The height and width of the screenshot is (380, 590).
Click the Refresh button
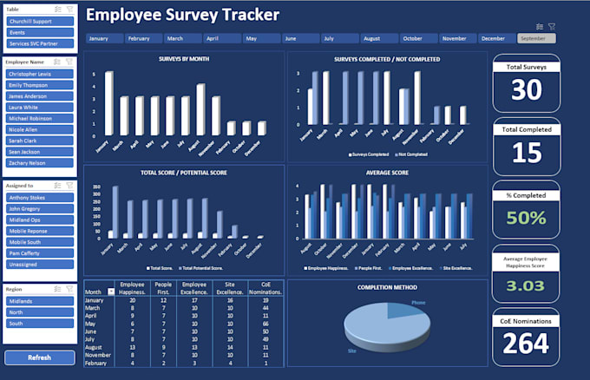pos(38,357)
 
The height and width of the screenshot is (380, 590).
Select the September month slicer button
pos(536,38)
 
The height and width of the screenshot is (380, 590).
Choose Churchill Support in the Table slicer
pos(40,21)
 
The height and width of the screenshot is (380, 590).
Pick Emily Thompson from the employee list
pos(40,85)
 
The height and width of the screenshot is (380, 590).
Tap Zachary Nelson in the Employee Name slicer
pos(40,161)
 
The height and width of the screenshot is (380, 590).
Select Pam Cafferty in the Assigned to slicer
pos(40,252)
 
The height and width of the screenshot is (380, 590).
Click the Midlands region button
pos(40,300)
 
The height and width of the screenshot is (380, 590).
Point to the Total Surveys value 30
pos(527,89)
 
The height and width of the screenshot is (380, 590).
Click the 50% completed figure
pos(527,218)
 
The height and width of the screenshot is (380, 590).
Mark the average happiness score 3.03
pos(527,286)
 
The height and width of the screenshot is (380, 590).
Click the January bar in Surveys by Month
pos(109,103)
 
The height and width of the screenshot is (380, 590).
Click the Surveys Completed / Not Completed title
pos(386,59)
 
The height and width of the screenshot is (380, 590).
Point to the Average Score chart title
pos(386,172)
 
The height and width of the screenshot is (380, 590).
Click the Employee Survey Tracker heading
pos(182,15)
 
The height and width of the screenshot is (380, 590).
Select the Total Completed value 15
pos(527,154)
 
